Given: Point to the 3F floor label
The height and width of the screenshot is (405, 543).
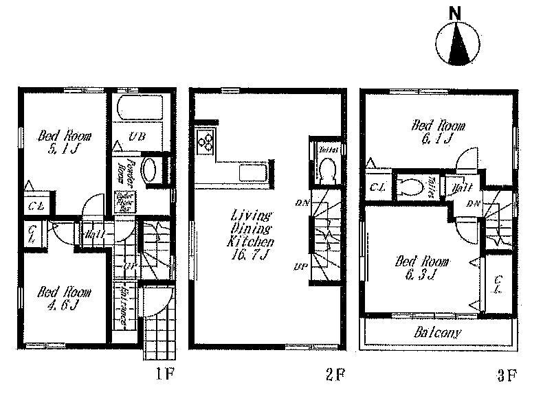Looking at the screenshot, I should point(507,374).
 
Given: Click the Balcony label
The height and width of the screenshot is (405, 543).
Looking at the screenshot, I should point(437,333).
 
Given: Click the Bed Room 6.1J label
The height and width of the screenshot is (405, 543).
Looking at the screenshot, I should point(438,132).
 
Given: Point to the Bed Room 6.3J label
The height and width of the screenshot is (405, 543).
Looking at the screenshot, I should point(421,268).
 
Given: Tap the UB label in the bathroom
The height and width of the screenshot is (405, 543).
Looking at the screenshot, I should point(137,137).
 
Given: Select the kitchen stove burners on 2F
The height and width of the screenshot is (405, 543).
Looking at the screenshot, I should point(206,142).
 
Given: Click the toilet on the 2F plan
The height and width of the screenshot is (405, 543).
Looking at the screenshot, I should point(325,169).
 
